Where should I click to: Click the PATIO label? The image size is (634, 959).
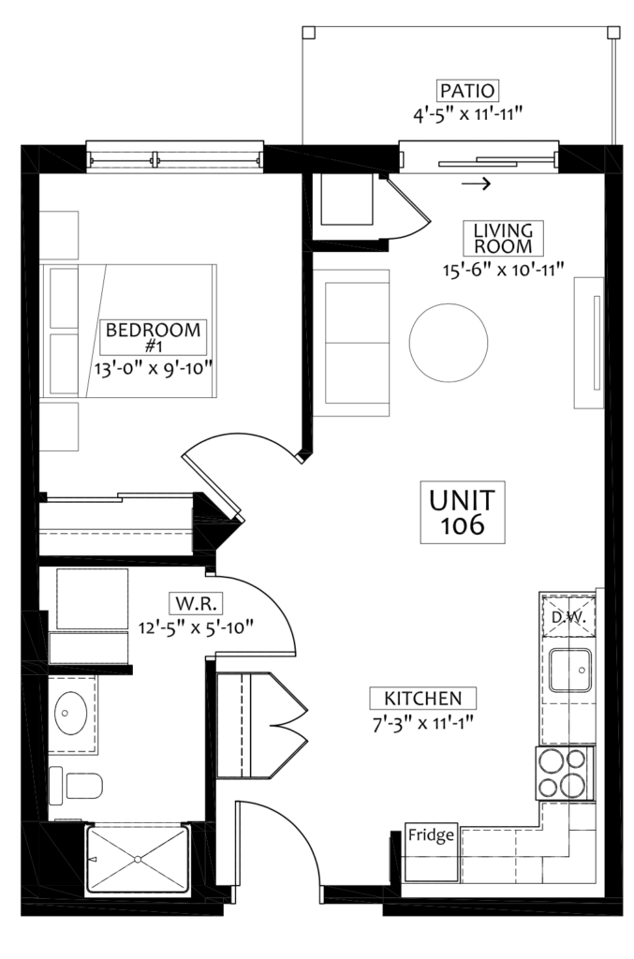[x=467, y=91]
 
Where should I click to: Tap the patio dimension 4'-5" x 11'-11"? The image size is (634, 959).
[x=467, y=114]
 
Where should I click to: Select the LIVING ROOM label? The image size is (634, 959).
[x=503, y=239]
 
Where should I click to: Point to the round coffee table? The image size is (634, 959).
[x=449, y=343]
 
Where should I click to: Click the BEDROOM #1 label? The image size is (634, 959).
[x=153, y=337]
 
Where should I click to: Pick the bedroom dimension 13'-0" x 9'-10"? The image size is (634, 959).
[x=153, y=368]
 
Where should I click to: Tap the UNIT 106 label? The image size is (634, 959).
[x=463, y=512]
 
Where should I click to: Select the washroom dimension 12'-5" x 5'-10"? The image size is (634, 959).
[x=196, y=627]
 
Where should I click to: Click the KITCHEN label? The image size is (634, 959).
[x=422, y=698]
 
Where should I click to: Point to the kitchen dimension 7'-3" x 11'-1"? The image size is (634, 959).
[x=422, y=724]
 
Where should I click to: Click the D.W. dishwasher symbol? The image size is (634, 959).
[x=568, y=616]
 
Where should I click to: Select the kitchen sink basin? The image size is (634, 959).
[x=569, y=670]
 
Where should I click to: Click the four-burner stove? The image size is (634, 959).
[x=565, y=773]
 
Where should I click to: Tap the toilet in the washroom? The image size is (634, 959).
[x=76, y=785]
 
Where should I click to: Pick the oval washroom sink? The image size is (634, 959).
[x=70, y=713]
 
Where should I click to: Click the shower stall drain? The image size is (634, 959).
[x=139, y=859]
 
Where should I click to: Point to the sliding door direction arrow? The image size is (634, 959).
[x=477, y=183]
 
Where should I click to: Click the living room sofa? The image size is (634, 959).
[x=351, y=343]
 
